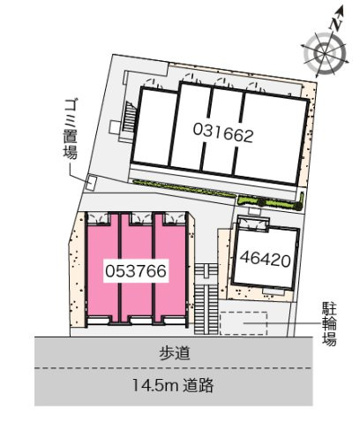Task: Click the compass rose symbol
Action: pos(321,53)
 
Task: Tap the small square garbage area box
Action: pos(90,183)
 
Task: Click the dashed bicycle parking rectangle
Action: pos(243,323)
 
